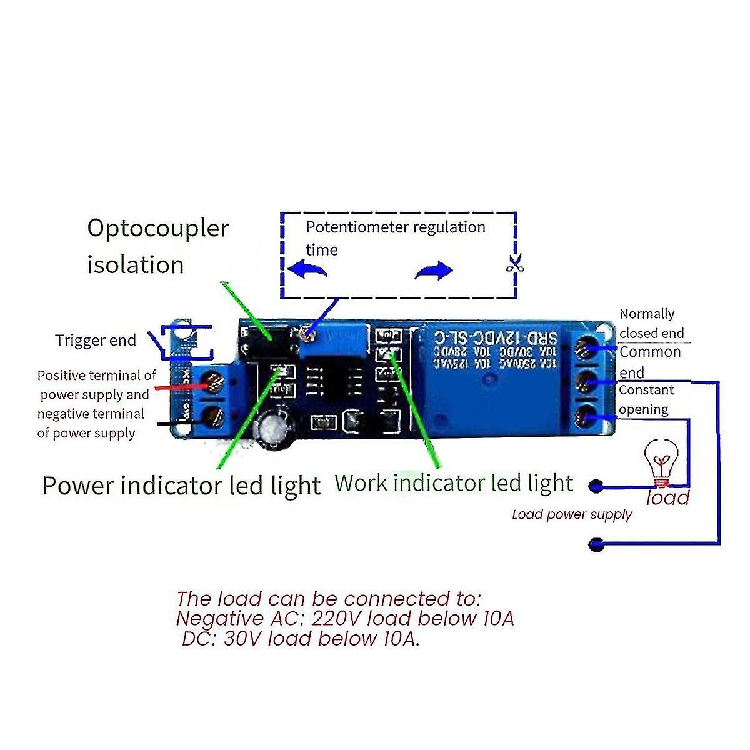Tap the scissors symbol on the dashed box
(x=515, y=263)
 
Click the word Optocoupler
(x=158, y=229)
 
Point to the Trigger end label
(x=95, y=341)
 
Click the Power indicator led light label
(x=181, y=486)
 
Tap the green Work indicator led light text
(x=454, y=483)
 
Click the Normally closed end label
(x=651, y=323)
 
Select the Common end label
(x=649, y=362)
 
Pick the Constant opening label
(x=646, y=399)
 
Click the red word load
(x=667, y=498)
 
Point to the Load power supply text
(x=572, y=514)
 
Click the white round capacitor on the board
(x=274, y=428)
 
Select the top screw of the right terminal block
(x=587, y=347)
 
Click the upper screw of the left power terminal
(x=213, y=381)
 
